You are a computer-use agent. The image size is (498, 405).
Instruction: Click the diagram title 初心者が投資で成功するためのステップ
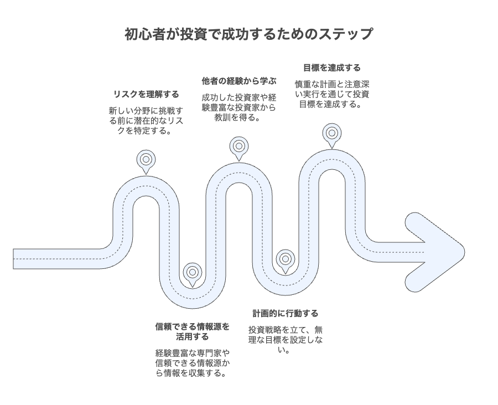248,34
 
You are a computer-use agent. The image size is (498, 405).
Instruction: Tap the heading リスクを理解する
146,94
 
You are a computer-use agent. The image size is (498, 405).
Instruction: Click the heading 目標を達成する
331,67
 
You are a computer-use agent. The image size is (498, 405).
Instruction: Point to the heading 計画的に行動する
285,313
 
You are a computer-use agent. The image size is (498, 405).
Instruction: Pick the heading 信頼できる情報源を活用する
192,331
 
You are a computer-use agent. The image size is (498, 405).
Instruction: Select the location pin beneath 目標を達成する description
331,133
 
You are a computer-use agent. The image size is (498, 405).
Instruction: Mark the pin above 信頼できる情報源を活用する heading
192,272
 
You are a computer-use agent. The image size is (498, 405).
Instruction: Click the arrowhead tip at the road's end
462,252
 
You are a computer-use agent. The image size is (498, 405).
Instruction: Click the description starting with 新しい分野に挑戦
146,121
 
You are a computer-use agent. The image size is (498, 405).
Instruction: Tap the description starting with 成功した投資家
238,107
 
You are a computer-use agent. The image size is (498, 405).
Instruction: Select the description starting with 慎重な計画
331,94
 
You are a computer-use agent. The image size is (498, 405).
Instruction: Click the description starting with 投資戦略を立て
285,340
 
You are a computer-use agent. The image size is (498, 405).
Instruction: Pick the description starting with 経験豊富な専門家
192,363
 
